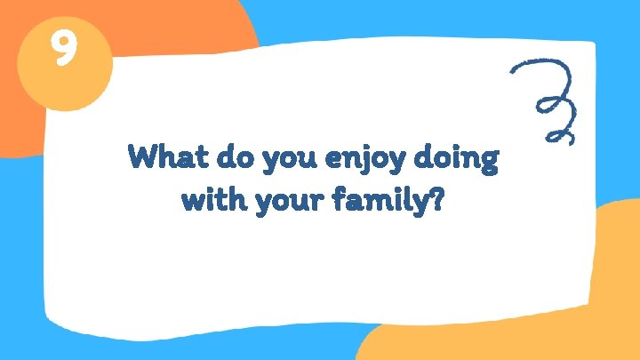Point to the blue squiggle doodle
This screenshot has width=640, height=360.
click(548, 100)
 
